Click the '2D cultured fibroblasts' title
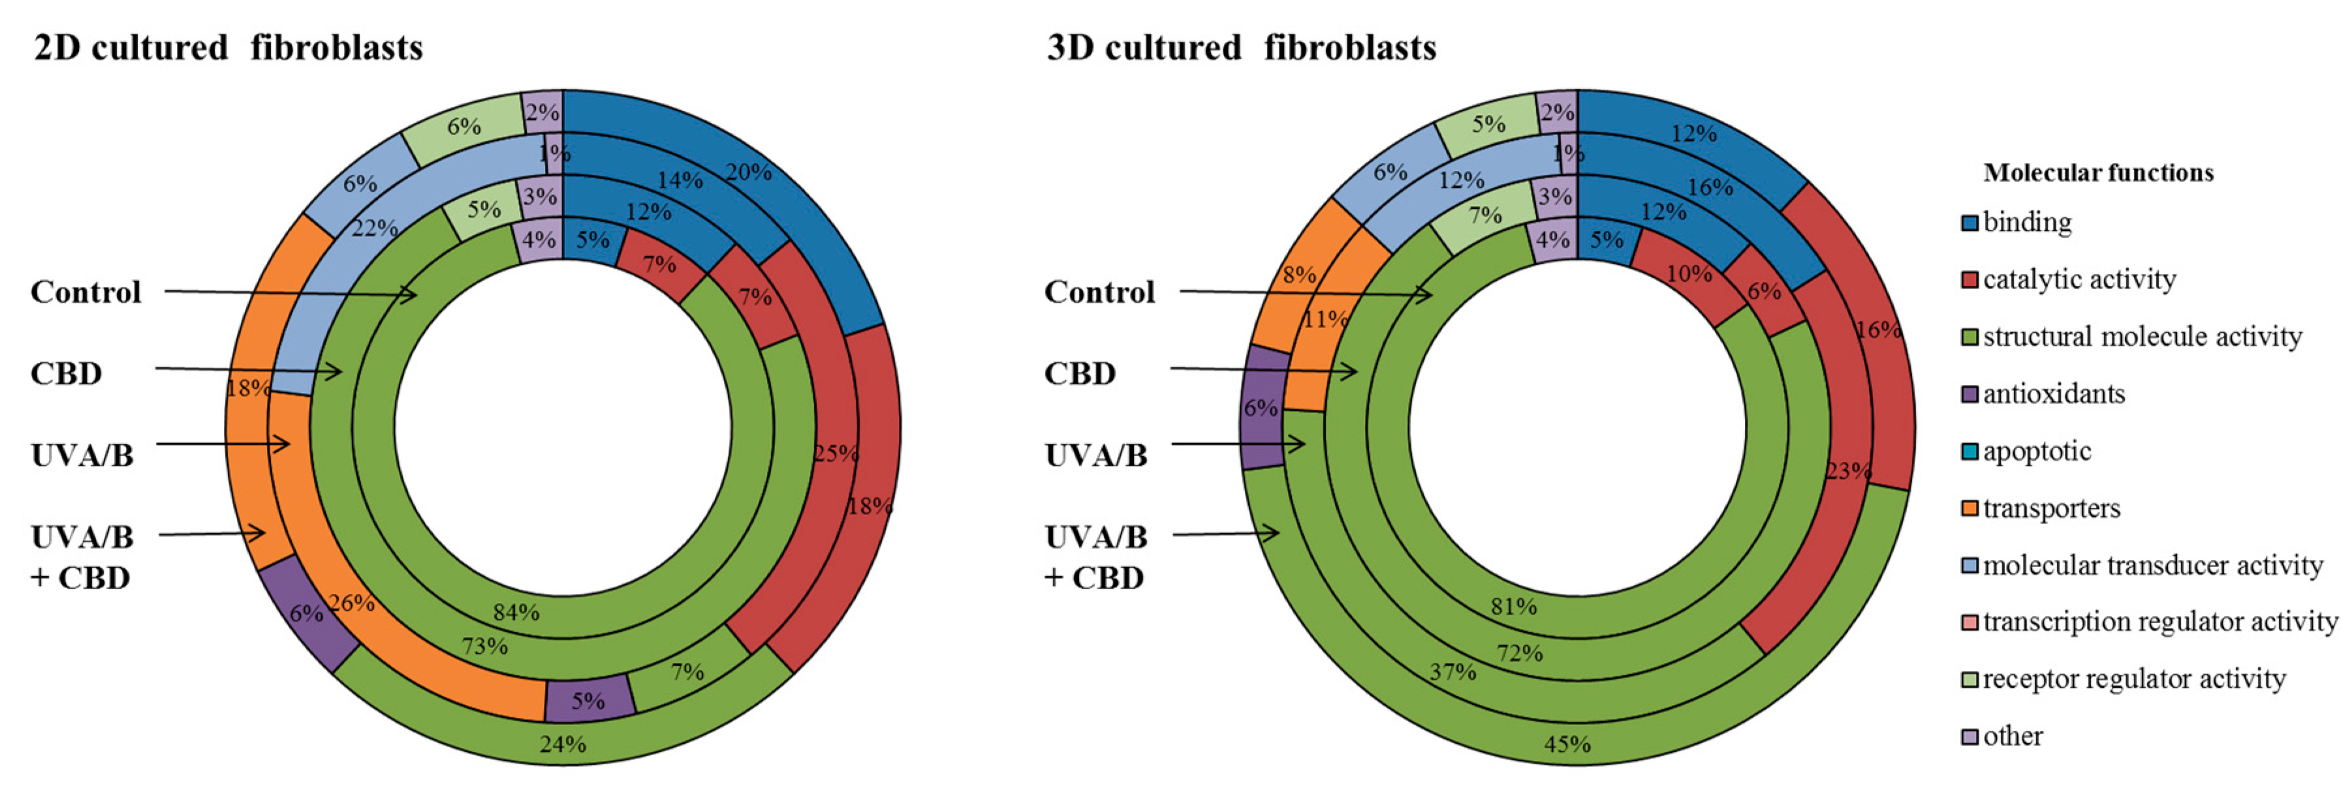tap(228, 48)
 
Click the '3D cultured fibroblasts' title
tap(1241, 48)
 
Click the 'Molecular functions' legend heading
tap(2098, 172)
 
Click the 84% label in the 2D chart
tap(516, 611)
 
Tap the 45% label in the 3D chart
tap(1567, 744)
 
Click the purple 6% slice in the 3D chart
tap(1262, 408)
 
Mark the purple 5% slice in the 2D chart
tap(589, 700)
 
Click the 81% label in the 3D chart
tap(1513, 606)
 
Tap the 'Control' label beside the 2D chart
tap(86, 292)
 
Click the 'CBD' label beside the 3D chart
tap(1080, 373)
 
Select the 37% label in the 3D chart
tap(1452, 672)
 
